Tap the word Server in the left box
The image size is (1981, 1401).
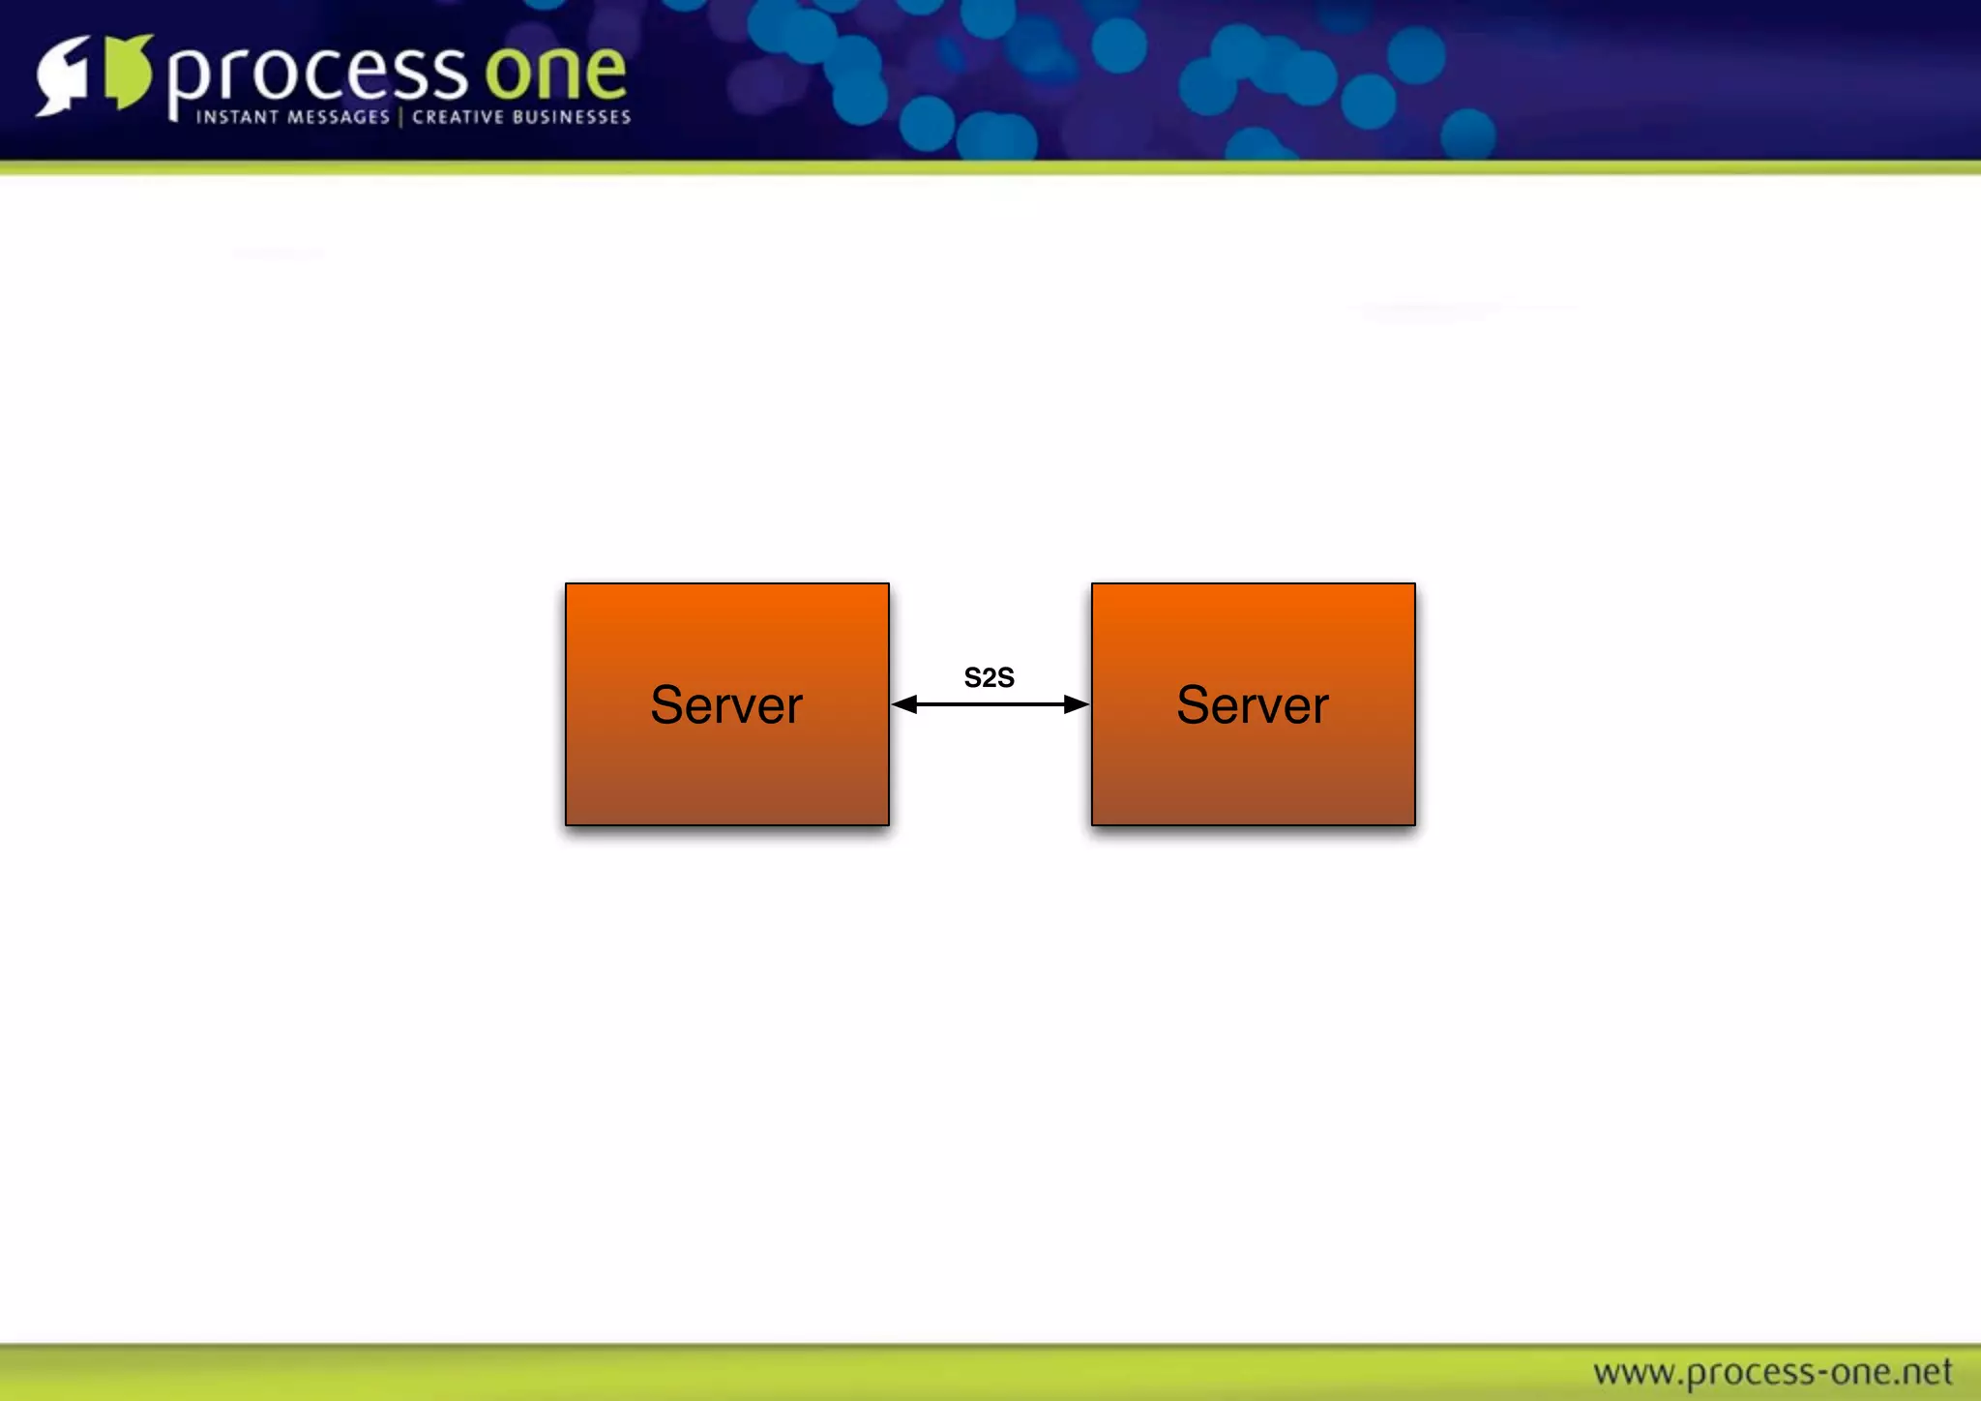(x=726, y=704)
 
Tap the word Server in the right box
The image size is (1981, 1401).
(x=1253, y=704)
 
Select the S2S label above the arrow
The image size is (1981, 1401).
(x=989, y=677)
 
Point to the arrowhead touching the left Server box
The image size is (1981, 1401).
(x=904, y=704)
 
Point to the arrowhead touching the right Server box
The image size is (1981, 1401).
(x=1076, y=704)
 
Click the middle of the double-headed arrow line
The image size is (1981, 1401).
(x=990, y=704)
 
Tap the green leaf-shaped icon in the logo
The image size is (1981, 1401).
(x=128, y=72)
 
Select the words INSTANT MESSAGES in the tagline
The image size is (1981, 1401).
(x=292, y=117)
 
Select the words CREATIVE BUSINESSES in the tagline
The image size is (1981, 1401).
(x=521, y=117)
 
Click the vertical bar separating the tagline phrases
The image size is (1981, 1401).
(x=400, y=117)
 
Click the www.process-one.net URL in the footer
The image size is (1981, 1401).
(x=1772, y=1372)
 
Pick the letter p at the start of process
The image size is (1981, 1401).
(x=189, y=81)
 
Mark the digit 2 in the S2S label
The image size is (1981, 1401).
(x=989, y=677)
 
